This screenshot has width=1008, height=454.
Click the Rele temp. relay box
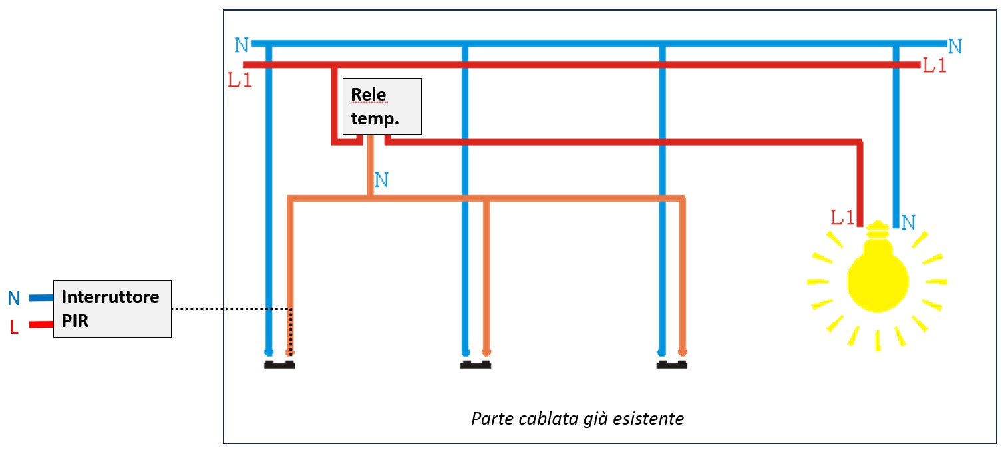(x=381, y=106)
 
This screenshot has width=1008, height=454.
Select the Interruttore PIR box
(x=112, y=308)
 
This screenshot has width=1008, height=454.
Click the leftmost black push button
(x=279, y=365)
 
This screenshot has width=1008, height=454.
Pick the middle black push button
(x=475, y=365)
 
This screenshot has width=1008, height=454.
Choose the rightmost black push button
(x=671, y=365)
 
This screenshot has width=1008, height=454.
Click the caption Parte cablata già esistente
(x=577, y=419)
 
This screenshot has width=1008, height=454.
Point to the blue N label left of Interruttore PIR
(x=14, y=298)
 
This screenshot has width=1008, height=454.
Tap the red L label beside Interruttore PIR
(x=14, y=328)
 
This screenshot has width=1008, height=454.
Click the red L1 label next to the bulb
(x=842, y=217)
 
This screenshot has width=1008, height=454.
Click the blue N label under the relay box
(x=382, y=180)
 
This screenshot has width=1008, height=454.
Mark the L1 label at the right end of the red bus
(x=934, y=65)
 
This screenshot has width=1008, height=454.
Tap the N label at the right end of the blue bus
(x=955, y=46)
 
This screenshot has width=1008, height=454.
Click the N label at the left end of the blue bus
(x=242, y=45)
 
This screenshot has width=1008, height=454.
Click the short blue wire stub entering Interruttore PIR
(x=41, y=298)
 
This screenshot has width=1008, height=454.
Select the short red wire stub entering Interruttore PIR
(x=41, y=325)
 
